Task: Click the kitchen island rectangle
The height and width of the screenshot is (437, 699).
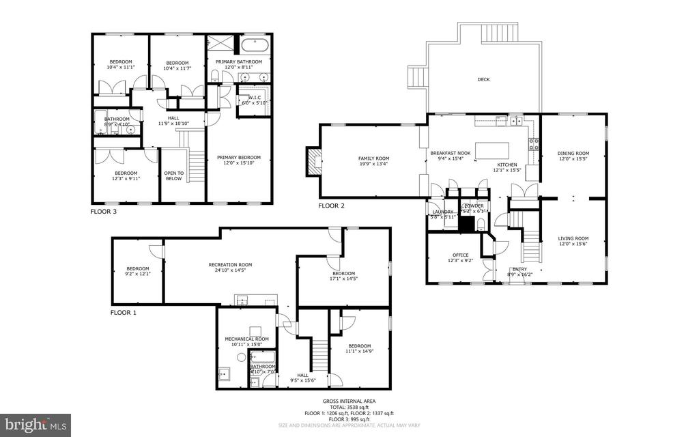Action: pos(492,150)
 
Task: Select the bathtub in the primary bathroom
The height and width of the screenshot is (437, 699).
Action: pos(255,47)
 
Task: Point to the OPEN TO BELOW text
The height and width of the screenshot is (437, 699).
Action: pos(174,175)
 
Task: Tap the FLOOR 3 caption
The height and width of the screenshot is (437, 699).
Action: pos(104,212)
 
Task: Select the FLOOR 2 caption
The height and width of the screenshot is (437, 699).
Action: pos(332,206)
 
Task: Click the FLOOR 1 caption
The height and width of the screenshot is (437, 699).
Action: pos(124,313)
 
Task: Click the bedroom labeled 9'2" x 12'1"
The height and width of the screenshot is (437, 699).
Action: pos(137,270)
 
